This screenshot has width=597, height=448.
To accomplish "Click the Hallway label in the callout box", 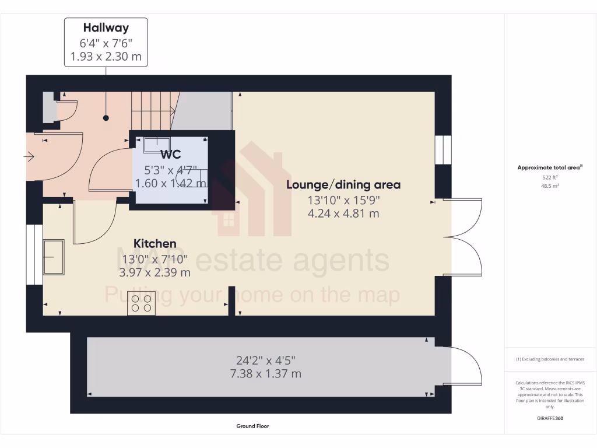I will click(x=106, y=27).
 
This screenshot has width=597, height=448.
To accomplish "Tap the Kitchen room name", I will click(x=155, y=243).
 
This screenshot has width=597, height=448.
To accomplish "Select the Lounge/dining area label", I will click(x=343, y=185).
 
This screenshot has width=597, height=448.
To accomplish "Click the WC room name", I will click(x=171, y=155).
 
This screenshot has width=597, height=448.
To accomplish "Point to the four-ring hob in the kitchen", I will click(x=141, y=303).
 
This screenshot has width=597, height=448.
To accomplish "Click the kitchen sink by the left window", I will click(x=54, y=257).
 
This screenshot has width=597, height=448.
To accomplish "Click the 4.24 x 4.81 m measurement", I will click(x=343, y=213).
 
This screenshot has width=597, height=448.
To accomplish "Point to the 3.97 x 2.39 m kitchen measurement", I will click(x=155, y=272).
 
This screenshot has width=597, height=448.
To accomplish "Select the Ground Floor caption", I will click(x=252, y=426).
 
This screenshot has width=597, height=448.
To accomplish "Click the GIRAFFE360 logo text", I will click(x=550, y=418).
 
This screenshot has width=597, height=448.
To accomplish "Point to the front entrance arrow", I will click(x=29, y=156).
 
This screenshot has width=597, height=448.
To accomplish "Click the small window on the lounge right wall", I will click(x=443, y=150).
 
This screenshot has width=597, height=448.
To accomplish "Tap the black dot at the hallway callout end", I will click(x=106, y=118).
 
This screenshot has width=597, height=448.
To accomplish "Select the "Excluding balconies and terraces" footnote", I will click(x=550, y=359).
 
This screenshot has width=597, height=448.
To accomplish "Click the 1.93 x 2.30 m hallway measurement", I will click(x=106, y=57).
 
